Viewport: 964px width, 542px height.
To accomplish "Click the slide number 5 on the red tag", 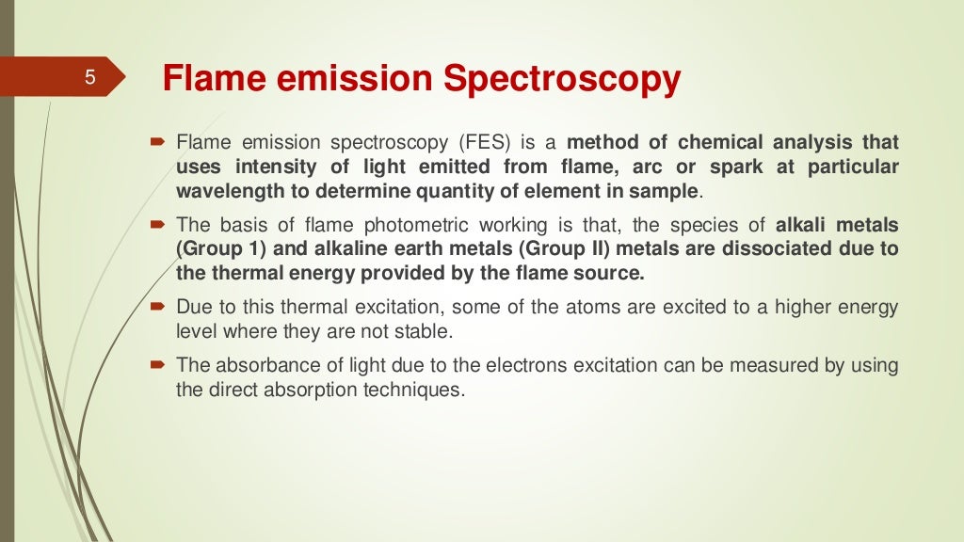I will [90, 78].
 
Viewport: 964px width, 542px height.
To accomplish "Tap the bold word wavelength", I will [228, 190].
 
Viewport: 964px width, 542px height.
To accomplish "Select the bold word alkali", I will [802, 226].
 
